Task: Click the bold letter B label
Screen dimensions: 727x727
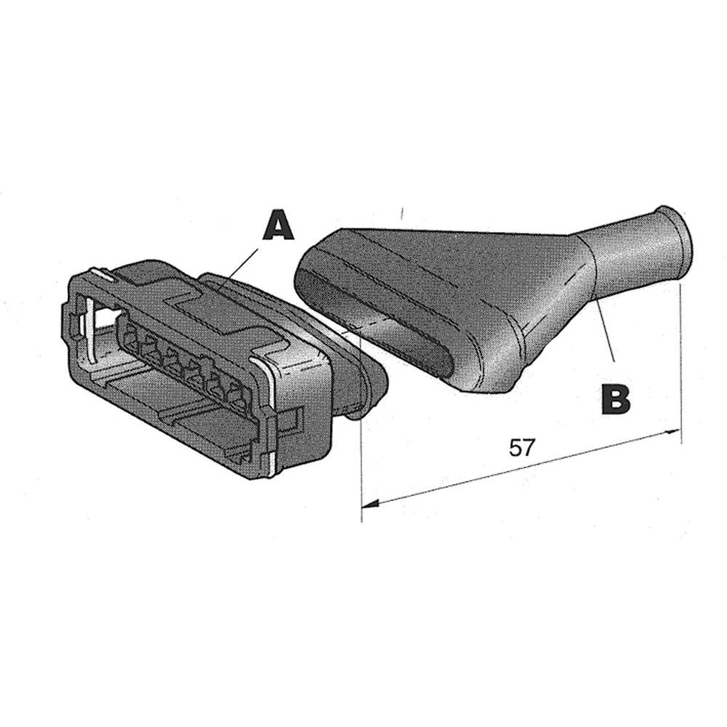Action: pos(615,398)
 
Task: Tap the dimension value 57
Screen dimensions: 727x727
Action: pos(522,447)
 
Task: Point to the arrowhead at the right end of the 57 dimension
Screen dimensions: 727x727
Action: pos(673,432)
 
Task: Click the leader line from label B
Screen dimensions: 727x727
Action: pos(605,330)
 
